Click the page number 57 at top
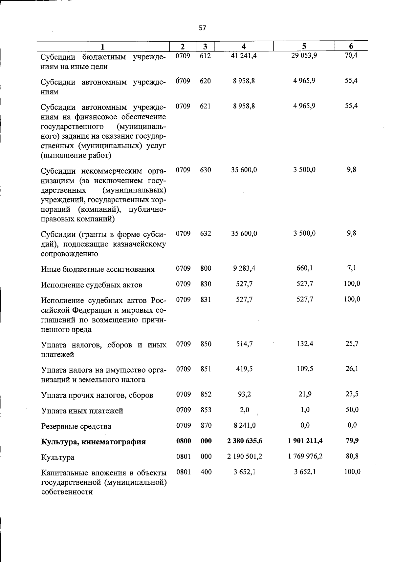pos(203,28)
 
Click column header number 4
pos(243,47)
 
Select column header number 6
pos(351,47)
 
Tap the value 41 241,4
pos(244,56)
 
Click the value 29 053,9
pos(304,55)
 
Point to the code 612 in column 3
pos(205,56)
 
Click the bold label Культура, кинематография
pos(93,442)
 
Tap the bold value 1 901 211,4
pos(305,441)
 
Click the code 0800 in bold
pos(184,441)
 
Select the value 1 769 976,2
pos(305,456)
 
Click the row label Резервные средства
pos(76,426)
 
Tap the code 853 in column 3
pos(206,410)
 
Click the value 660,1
pos(305,268)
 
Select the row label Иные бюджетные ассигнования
pos(98,269)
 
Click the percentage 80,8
pos(352,456)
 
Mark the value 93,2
pos(244,394)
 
